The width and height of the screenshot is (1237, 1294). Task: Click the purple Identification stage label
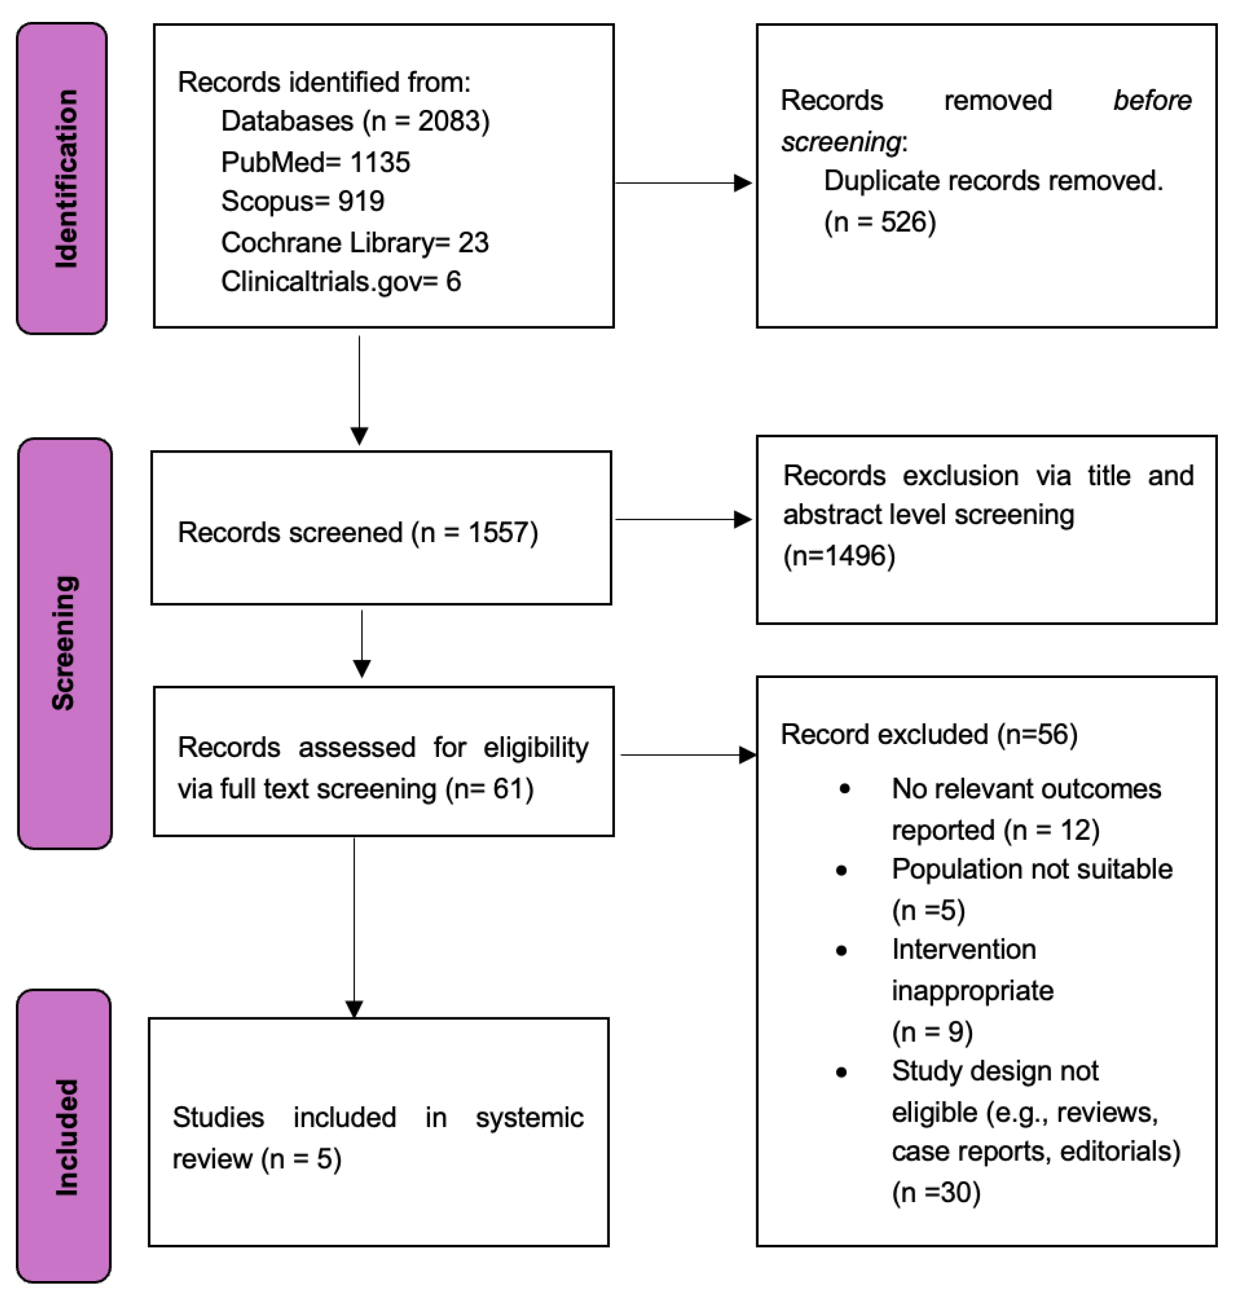[x=63, y=179]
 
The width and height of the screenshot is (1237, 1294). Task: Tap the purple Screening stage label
[x=65, y=643]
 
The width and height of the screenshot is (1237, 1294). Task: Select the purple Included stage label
[x=64, y=1136]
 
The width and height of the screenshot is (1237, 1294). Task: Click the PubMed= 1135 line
[x=315, y=162]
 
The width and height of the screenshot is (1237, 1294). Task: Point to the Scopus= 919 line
[x=303, y=201]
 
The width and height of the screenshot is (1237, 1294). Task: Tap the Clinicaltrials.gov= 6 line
[x=341, y=282]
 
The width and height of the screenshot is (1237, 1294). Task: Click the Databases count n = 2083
[x=426, y=121]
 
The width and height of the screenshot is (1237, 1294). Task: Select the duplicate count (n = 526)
[x=880, y=222]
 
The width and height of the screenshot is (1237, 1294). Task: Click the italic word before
[x=1152, y=101]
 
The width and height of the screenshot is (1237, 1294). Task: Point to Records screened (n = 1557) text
[x=358, y=532]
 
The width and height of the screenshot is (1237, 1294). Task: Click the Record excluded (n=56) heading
[x=928, y=734]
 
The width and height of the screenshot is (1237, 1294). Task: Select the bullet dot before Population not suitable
[x=841, y=871]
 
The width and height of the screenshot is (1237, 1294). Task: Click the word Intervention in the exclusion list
[x=963, y=950]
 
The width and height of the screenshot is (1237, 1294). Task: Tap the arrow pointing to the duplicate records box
[x=742, y=183]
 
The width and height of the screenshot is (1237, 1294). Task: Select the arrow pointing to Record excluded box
[x=747, y=755]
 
